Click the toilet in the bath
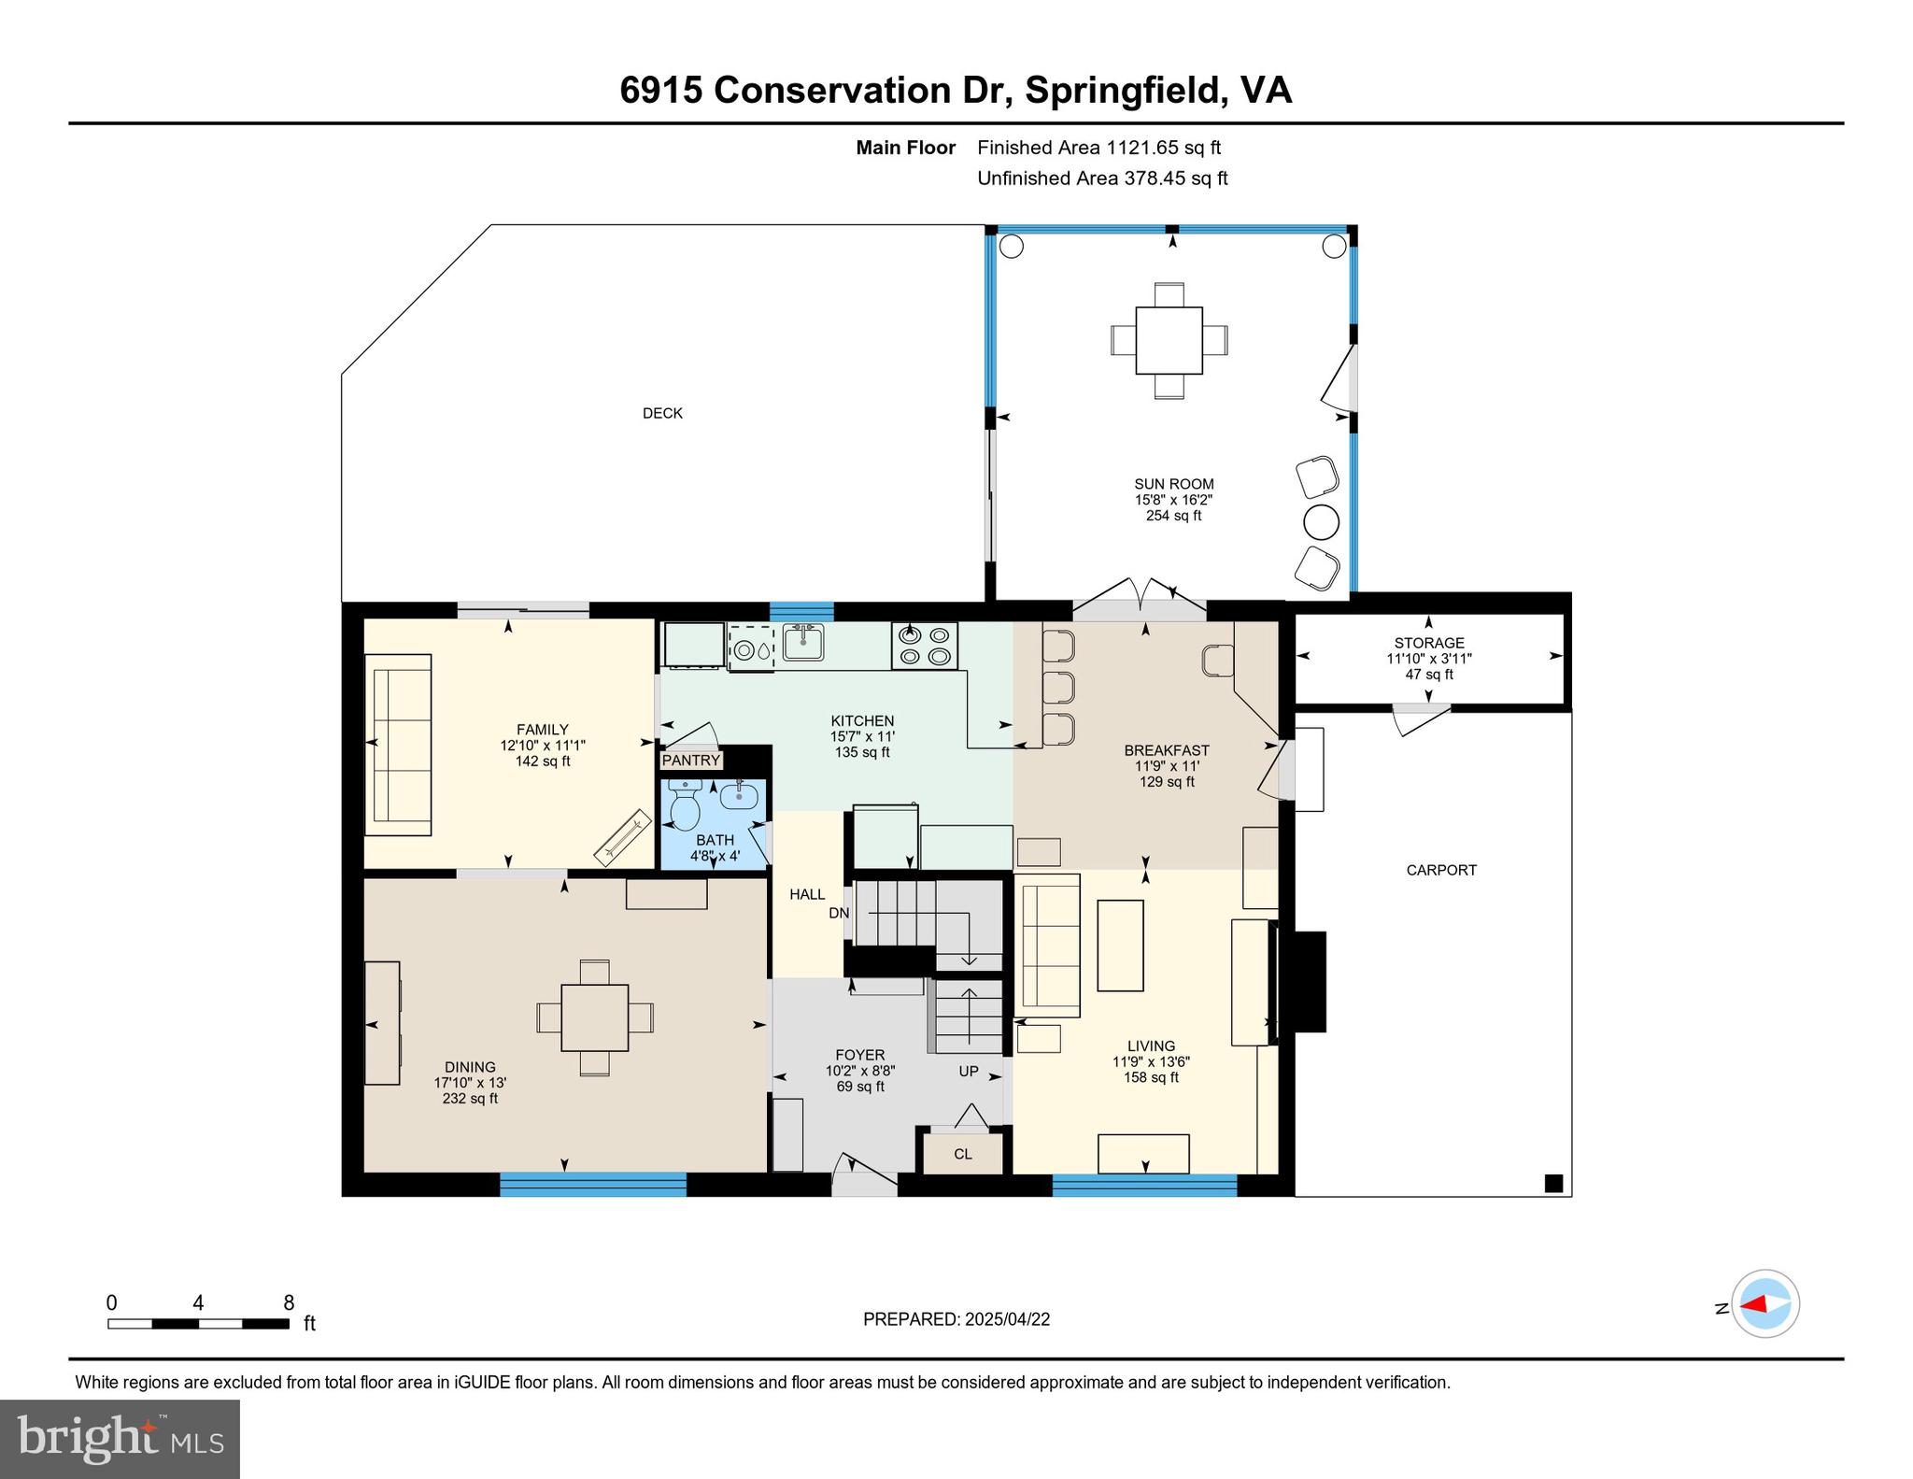[x=685, y=804]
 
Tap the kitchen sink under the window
[x=802, y=643]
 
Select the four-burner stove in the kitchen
[x=924, y=646]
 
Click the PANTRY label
[x=691, y=760]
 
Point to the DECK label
[x=662, y=413]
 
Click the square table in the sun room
[x=1169, y=340]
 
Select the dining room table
[x=594, y=1017]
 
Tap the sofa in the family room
[x=398, y=744]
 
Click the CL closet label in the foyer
[x=963, y=1154]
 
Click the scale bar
[x=198, y=1323]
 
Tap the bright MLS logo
[x=120, y=1439]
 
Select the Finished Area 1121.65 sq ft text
[x=1098, y=148]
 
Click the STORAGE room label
[x=1428, y=643]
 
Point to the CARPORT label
[x=1440, y=870]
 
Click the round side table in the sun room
[x=1321, y=522]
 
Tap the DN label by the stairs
[x=839, y=913]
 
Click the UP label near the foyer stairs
[x=969, y=1071]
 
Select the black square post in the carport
[x=1553, y=1183]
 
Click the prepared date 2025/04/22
[x=956, y=1319]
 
